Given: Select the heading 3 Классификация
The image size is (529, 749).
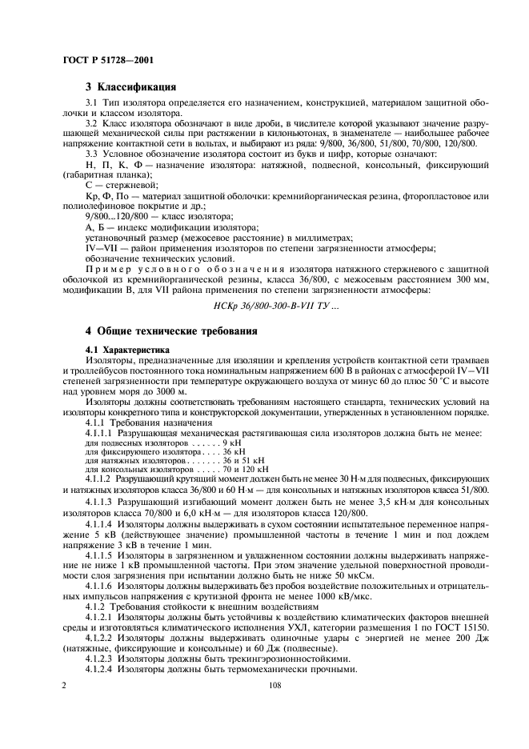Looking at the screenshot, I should click(131, 86).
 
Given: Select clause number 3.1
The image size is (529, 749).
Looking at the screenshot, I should click(91, 103).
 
